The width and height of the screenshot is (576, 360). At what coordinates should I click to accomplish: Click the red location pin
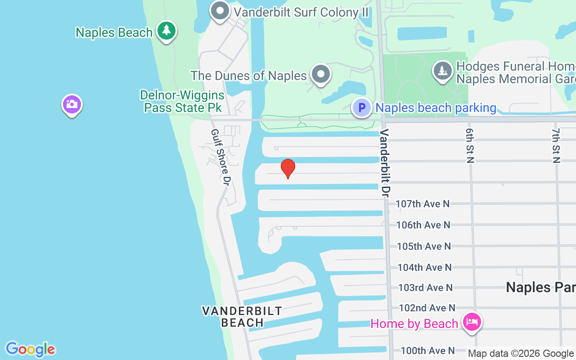coord(288,168)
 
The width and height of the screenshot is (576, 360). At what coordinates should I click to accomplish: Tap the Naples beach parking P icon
coord(361,108)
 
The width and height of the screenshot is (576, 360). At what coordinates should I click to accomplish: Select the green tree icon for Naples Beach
coord(166,31)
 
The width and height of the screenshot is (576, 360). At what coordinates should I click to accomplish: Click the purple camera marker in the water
coord(72,105)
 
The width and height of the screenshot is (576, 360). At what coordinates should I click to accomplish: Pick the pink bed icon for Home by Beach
coord(471,322)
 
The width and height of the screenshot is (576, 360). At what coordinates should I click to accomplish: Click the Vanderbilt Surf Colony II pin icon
coord(220,11)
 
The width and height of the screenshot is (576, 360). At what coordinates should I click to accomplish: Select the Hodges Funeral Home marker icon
coord(443,71)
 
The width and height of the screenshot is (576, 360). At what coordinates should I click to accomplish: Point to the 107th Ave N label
coord(423,204)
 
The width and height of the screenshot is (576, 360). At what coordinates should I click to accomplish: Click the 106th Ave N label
coord(423,225)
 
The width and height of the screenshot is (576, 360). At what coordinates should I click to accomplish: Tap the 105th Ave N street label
coord(423,246)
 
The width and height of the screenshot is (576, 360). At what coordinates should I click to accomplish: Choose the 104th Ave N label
coord(424,267)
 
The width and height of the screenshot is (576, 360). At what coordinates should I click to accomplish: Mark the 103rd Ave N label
coord(425,288)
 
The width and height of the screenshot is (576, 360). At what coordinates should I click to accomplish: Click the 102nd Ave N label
coord(427,308)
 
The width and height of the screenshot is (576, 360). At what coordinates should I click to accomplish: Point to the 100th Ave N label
coord(427,350)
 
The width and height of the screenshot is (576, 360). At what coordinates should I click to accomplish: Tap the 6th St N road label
coord(470,145)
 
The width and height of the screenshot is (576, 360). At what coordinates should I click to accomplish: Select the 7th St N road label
coord(556,145)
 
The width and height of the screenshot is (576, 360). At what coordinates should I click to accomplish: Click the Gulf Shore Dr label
coord(220,157)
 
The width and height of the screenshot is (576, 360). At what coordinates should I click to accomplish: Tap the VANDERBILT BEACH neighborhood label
coord(242,317)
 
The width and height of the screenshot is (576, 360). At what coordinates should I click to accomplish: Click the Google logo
coord(30,349)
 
